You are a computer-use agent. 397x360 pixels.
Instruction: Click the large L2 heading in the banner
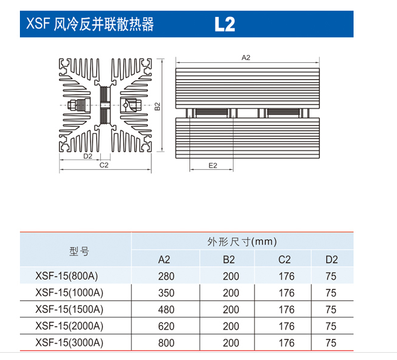click(x=225, y=24)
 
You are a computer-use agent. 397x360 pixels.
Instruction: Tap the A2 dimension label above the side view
click(x=246, y=58)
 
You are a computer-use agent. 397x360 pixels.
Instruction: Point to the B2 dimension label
click(x=157, y=106)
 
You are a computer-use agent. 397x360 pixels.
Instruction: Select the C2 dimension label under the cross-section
click(x=104, y=166)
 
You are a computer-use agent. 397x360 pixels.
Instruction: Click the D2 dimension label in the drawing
click(x=88, y=156)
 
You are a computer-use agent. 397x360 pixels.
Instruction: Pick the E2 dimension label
click(x=212, y=166)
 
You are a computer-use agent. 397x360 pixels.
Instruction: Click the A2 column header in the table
click(x=164, y=260)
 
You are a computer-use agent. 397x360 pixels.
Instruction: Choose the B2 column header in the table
click(x=229, y=260)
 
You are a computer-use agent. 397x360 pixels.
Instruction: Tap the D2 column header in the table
click(x=332, y=260)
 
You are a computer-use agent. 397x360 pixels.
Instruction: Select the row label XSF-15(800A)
click(x=66, y=276)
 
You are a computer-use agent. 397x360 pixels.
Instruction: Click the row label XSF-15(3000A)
click(x=69, y=342)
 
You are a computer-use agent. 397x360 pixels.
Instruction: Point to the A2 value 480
click(x=167, y=309)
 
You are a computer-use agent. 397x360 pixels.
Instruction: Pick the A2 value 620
click(x=167, y=326)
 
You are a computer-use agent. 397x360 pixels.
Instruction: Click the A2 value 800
click(x=167, y=343)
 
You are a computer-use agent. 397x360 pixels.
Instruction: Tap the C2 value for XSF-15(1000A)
click(x=287, y=293)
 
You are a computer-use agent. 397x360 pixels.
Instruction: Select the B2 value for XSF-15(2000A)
click(x=231, y=326)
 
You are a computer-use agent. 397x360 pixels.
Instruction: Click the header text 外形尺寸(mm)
click(x=242, y=242)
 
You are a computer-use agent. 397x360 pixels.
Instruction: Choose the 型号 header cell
click(x=79, y=251)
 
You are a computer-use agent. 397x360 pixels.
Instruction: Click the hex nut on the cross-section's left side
click(x=71, y=105)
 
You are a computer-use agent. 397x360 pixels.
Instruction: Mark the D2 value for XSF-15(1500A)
click(x=331, y=309)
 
